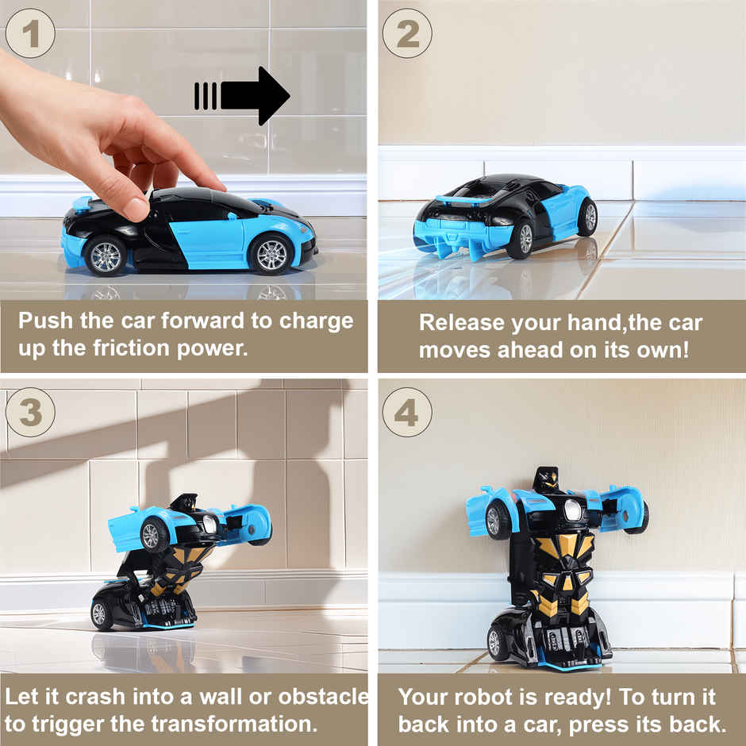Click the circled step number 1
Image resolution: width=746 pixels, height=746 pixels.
point(30,33)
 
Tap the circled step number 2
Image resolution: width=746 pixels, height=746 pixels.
point(407,33)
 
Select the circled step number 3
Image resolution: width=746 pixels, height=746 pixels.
point(30,412)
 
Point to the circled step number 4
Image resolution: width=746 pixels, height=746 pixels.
point(407,412)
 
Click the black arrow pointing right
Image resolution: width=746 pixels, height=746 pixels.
point(242,96)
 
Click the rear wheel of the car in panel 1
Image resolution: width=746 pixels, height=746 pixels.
point(105,255)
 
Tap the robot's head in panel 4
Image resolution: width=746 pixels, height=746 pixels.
point(546,479)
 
